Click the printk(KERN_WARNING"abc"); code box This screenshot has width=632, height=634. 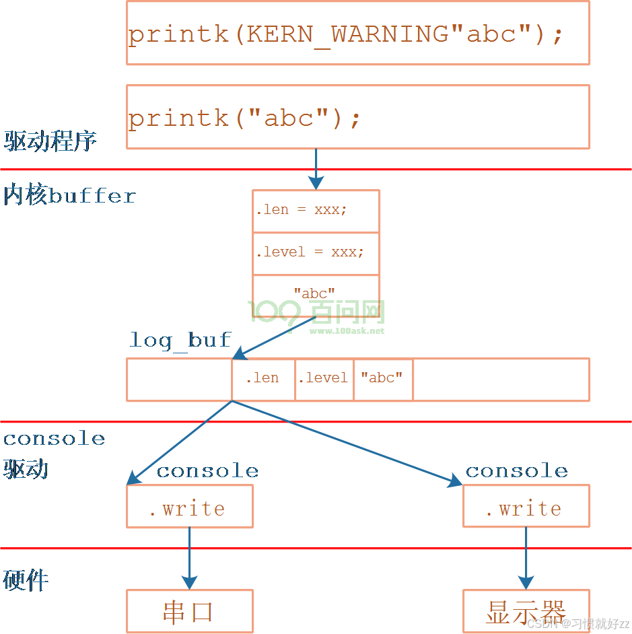point(357,33)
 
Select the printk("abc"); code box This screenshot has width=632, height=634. point(357,117)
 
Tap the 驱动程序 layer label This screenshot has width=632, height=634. point(50,141)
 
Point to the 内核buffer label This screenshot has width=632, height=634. point(69,196)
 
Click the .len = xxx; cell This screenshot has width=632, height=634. point(316,211)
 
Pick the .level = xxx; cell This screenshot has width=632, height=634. point(316,253)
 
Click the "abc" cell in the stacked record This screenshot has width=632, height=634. point(316,293)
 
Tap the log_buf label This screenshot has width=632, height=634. point(180,340)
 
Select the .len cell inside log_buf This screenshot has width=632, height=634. point(262,379)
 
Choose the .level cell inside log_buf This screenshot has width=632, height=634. point(324,379)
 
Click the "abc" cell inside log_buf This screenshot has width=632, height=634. point(382,379)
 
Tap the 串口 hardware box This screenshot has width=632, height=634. point(189,611)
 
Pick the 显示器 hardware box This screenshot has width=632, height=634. point(526,611)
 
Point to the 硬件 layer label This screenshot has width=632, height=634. point(26,580)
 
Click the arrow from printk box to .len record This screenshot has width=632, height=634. point(316,168)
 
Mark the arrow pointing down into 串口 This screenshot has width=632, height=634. point(189,558)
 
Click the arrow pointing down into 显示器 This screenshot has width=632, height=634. point(526,558)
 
